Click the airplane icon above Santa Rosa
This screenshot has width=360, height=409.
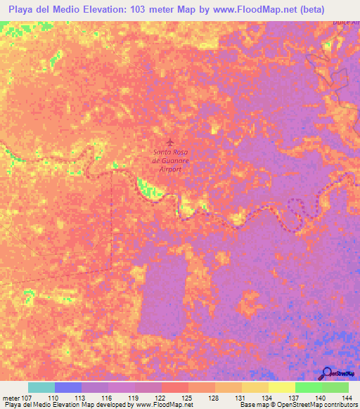(x=169, y=142)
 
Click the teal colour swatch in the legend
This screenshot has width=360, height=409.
(x=41, y=387)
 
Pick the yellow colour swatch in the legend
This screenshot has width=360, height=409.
(x=281, y=387)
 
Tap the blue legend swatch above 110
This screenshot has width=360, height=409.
(x=68, y=387)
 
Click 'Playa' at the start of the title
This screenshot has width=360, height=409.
(x=21, y=10)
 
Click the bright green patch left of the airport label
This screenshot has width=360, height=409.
(x=147, y=187)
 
